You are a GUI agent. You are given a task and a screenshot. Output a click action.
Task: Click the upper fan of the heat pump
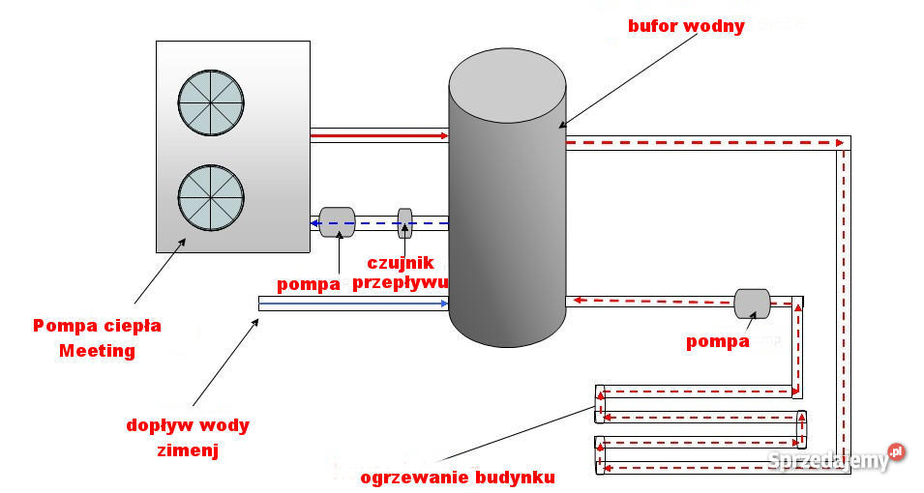click(211, 102)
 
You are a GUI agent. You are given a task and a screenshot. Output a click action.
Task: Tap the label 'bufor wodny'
click(686, 26)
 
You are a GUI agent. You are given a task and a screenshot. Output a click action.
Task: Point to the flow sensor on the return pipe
click(405, 223)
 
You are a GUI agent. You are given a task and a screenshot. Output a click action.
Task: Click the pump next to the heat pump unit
click(337, 221)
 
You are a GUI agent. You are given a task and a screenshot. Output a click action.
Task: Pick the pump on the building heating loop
click(752, 302)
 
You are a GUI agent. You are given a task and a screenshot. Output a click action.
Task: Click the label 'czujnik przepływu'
click(401, 272)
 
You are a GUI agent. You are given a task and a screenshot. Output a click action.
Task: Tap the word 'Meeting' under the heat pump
click(97, 350)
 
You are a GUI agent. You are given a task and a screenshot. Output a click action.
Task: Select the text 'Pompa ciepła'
click(97, 326)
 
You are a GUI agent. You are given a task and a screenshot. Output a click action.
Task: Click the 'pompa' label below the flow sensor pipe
click(309, 284)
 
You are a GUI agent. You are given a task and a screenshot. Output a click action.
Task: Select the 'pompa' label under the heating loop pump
click(718, 341)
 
